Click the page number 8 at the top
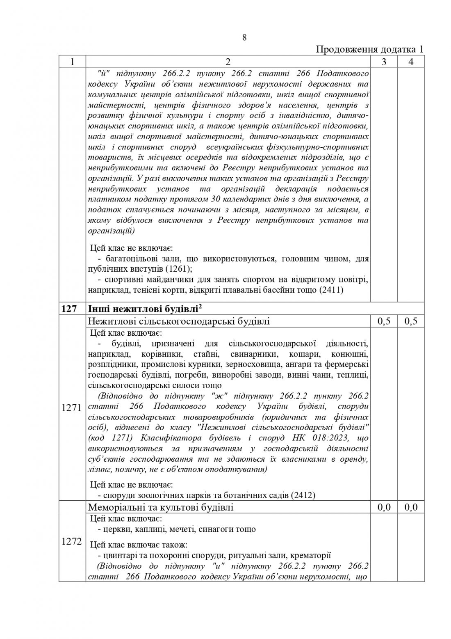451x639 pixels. (x=244, y=38)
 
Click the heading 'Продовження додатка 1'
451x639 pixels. (x=370, y=50)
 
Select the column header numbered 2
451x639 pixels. (x=228, y=62)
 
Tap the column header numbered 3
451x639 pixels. (x=384, y=62)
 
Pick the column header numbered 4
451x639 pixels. (x=411, y=62)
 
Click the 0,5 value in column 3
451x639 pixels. (x=384, y=321)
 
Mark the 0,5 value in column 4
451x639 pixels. (x=411, y=321)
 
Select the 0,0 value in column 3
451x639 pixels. (x=384, y=507)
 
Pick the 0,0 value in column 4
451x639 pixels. (x=411, y=507)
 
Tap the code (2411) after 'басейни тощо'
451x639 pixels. (x=332, y=290)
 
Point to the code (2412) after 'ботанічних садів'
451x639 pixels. (x=303, y=495)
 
